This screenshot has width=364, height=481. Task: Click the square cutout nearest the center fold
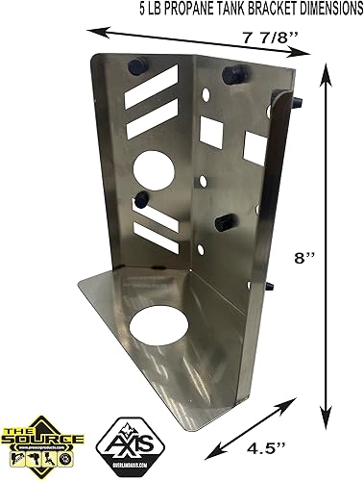pos(210,131)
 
